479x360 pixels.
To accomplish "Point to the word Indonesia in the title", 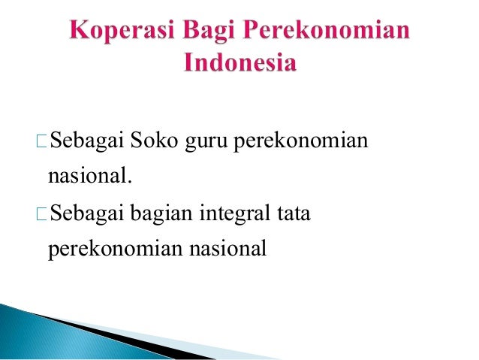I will tap(239, 63).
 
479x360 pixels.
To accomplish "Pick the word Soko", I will tap(155, 141).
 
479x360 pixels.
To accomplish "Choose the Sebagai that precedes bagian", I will tap(88, 218).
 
